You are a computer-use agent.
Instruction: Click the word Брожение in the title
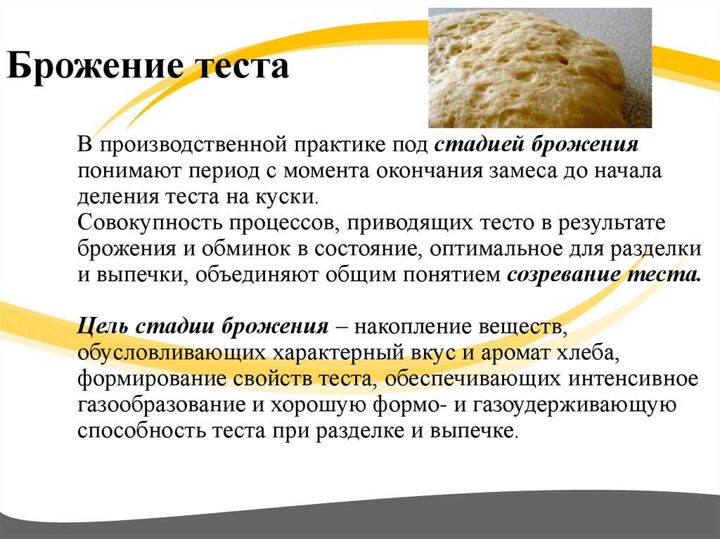(95, 66)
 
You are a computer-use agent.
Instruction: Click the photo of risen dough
(540, 67)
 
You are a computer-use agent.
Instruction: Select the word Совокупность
(150, 223)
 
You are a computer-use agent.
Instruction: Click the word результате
(612, 223)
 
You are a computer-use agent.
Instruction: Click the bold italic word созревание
(563, 275)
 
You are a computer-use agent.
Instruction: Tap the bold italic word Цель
(103, 327)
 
